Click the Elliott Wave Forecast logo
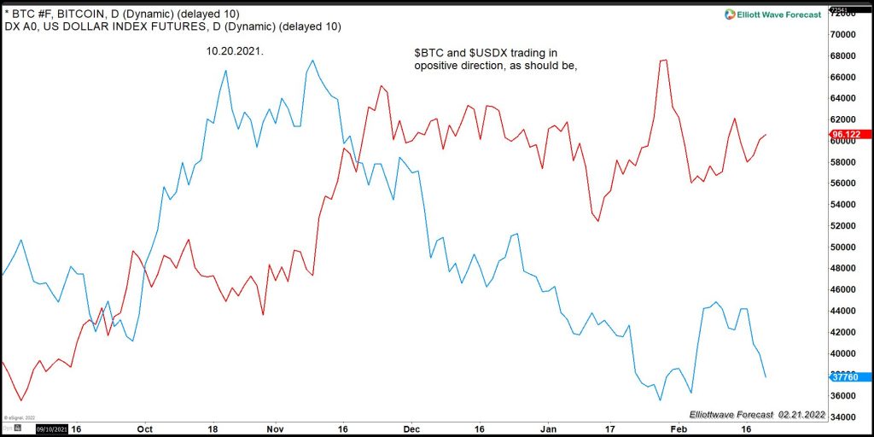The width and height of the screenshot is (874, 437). pyautogui.click(x=772, y=14)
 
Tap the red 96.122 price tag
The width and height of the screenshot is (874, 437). pyautogui.click(x=849, y=134)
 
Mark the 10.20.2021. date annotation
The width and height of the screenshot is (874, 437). pyautogui.click(x=236, y=51)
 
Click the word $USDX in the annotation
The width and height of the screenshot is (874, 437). pyautogui.click(x=487, y=52)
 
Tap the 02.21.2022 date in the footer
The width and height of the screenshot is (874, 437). pyautogui.click(x=801, y=414)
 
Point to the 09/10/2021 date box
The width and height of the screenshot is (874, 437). pyautogui.click(x=51, y=428)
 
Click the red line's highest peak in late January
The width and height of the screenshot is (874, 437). pyautogui.click(x=664, y=60)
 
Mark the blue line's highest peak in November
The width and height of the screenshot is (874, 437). pyautogui.click(x=313, y=61)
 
